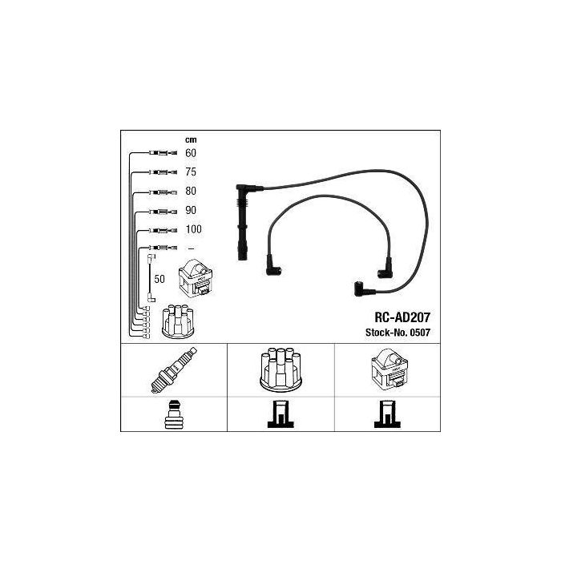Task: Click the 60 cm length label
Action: (191, 153)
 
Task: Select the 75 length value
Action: (191, 172)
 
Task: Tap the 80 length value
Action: (191, 191)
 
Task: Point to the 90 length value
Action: (191, 210)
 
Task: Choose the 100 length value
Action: (194, 229)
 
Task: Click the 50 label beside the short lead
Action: (159, 279)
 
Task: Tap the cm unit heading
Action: (191, 140)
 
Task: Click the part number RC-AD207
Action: (402, 317)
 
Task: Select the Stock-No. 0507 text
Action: (398, 333)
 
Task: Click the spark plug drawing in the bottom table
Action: (174, 370)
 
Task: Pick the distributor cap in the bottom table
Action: (280, 369)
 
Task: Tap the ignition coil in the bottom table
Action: (389, 369)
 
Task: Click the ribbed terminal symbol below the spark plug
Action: (174, 414)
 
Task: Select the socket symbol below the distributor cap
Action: (280, 414)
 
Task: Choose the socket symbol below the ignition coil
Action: (387, 414)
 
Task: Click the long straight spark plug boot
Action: (242, 223)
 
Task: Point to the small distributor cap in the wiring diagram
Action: (178, 321)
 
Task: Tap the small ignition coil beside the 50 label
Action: (196, 278)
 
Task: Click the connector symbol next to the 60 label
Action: (163, 153)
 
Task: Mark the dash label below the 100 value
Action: (191, 248)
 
